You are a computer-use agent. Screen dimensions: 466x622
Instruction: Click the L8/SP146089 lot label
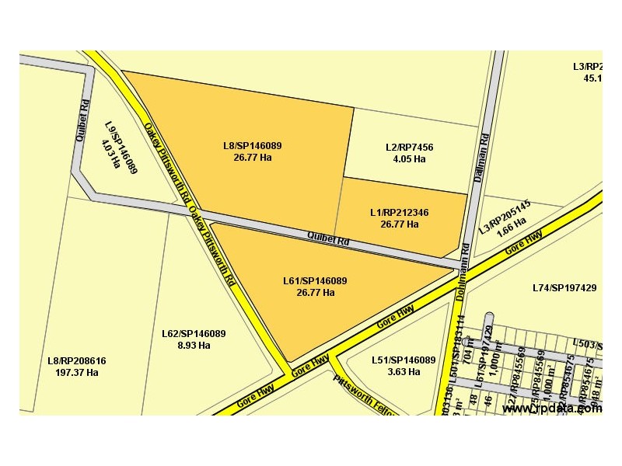(x=252, y=145)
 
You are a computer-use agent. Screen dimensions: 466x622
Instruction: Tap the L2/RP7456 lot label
(x=409, y=148)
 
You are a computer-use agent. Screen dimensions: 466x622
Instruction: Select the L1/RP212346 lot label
(x=400, y=212)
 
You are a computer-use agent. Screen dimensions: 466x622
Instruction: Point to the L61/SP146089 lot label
(x=315, y=281)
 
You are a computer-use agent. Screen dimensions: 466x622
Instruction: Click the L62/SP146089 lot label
(x=194, y=334)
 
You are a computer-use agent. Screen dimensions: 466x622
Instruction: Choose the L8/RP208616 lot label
(x=76, y=361)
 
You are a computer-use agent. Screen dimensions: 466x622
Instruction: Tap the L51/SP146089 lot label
(x=403, y=360)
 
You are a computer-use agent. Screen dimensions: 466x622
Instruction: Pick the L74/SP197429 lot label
(x=564, y=288)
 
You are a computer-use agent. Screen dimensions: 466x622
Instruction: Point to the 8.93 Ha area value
(x=194, y=345)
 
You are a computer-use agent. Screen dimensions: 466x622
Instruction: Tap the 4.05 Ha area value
(x=409, y=158)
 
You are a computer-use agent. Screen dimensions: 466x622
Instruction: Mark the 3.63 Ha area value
(x=403, y=371)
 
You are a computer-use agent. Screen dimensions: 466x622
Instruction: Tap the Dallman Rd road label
(x=483, y=158)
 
